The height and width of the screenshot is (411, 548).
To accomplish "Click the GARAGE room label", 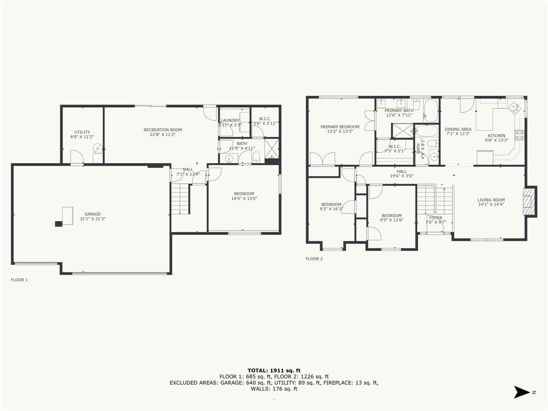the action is (x=93, y=214).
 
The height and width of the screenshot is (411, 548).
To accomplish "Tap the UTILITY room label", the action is (x=82, y=132).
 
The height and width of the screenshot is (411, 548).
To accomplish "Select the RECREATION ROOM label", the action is (x=163, y=130).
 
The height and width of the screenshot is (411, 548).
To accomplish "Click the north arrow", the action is (x=522, y=392).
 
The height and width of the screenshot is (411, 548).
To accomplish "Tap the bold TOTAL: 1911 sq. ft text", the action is (x=274, y=370).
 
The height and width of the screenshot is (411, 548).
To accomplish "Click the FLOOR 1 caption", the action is (x=19, y=280).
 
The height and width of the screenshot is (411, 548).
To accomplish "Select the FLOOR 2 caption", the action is (x=314, y=259).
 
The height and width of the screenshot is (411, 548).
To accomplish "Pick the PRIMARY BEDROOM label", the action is (x=340, y=127).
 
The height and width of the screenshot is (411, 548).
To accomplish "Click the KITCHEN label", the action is (x=497, y=135).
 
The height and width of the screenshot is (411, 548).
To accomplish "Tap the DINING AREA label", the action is (x=458, y=129).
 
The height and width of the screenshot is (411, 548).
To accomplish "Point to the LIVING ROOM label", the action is (x=491, y=200).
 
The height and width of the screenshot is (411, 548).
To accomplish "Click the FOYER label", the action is (x=436, y=218).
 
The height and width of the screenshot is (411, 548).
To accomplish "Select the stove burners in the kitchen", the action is (x=520, y=135).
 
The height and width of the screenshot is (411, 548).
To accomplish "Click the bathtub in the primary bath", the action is (x=431, y=110).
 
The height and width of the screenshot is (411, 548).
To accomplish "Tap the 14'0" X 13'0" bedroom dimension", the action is (x=244, y=199).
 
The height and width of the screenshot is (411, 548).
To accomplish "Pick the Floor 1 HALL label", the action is (x=188, y=170).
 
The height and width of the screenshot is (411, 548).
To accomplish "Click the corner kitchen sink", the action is (x=514, y=107).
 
